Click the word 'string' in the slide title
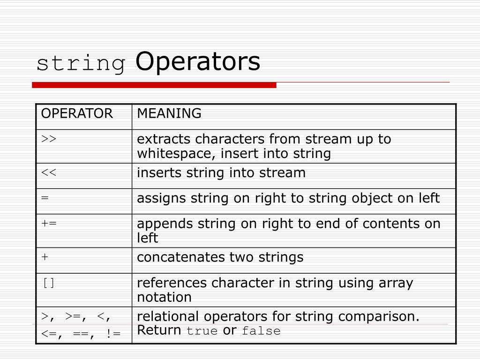pyautogui.click(x=81, y=64)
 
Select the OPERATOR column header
pyautogui.click(x=77, y=113)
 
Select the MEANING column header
pyautogui.click(x=169, y=113)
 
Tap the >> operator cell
pyautogui.click(x=49, y=139)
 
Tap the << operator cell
pyautogui.click(x=49, y=173)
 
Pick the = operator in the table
pyautogui.click(x=45, y=198)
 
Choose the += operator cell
pyautogui.click(x=49, y=224)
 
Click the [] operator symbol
pyautogui.click(x=49, y=283)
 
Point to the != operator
pyautogui.click(x=113, y=333)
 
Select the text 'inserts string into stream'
pyautogui.click(x=221, y=173)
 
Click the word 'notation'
pyautogui.click(x=164, y=297)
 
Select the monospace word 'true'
pyautogui.click(x=202, y=331)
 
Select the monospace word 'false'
pyautogui.click(x=261, y=331)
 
